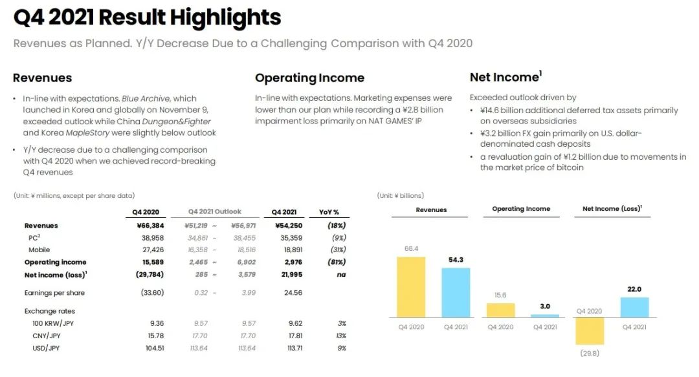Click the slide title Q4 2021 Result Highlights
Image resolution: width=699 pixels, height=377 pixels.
click(147, 17)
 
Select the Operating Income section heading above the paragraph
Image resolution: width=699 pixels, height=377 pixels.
click(309, 78)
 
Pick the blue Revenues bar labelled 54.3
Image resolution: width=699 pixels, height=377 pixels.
click(460, 292)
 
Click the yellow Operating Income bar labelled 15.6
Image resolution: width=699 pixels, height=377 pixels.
click(500, 310)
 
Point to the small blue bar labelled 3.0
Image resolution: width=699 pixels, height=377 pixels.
click(544, 316)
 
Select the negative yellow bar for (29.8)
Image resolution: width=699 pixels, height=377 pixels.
click(590, 330)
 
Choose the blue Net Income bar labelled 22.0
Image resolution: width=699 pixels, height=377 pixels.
click(634, 307)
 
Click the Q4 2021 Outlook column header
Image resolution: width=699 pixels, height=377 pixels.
click(215, 211)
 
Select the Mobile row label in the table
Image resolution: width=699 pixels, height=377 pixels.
click(39, 250)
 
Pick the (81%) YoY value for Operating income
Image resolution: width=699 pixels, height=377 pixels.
click(336, 262)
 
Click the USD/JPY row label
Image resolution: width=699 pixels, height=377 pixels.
click(46, 348)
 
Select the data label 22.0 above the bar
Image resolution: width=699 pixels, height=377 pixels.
click(634, 289)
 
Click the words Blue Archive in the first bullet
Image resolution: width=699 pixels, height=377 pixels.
click(147, 99)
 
